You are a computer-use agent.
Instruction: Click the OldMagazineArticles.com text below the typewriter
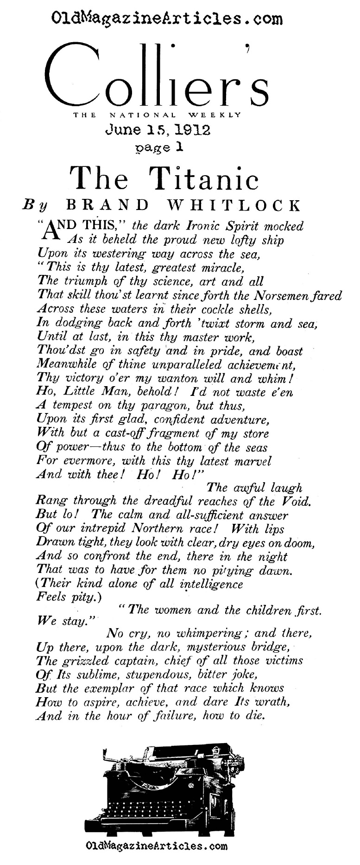click(157, 846)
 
